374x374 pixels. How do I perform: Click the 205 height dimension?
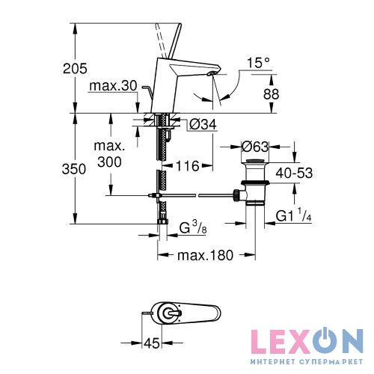coord(75,69)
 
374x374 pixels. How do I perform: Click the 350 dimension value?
coord(74,169)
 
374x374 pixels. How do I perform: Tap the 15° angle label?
coord(259,63)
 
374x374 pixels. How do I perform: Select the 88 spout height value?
coord(271,94)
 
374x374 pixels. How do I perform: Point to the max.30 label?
coord(113,86)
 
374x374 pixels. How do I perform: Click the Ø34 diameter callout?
coord(203,124)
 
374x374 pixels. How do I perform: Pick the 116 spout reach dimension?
coord(188,166)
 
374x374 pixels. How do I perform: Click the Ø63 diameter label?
coord(255,147)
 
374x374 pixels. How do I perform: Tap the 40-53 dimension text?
coord(294,173)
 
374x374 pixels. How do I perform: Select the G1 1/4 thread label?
coord(294,215)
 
